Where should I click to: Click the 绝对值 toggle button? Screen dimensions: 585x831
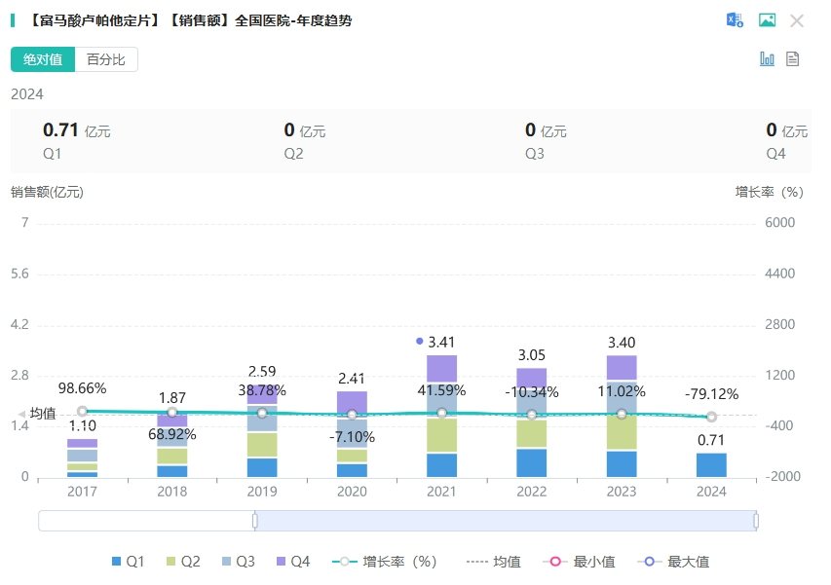pyautogui.click(x=43, y=59)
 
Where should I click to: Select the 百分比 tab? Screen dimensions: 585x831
pyautogui.click(x=106, y=59)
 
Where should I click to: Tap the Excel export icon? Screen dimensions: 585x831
pyautogui.click(x=735, y=20)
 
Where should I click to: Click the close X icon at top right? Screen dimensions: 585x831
pyautogui.click(x=797, y=20)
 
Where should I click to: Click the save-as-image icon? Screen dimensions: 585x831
pyautogui.click(x=767, y=20)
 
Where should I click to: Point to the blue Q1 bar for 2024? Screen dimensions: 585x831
pyautogui.click(x=711, y=465)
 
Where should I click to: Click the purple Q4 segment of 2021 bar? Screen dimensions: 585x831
pyautogui.click(x=441, y=368)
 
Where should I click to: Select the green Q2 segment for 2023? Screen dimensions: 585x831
pyautogui.click(x=622, y=433)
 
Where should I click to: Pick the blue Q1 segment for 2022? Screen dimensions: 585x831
pyautogui.click(x=531, y=463)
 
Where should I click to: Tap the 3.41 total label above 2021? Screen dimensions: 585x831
pyautogui.click(x=441, y=342)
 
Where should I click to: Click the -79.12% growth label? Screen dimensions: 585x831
pyautogui.click(x=711, y=394)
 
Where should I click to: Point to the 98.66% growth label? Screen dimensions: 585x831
pyautogui.click(x=82, y=388)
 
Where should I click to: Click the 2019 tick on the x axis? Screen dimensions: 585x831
pyautogui.click(x=262, y=493)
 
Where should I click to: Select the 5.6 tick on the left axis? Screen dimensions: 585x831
pyautogui.click(x=18, y=274)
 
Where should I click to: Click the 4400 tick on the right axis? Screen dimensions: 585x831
pyautogui.click(x=781, y=274)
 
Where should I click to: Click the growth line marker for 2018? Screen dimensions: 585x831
pyautogui.click(x=172, y=413)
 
